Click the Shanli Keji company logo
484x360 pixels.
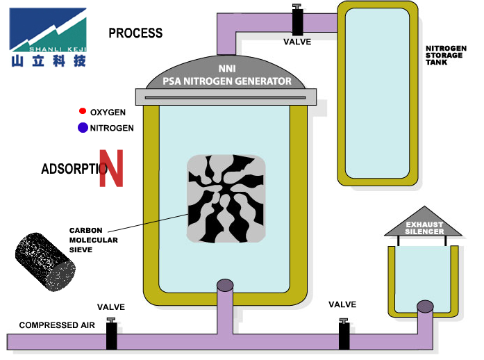click(48, 38)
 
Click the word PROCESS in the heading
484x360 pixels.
click(135, 33)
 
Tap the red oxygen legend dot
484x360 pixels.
click(83, 111)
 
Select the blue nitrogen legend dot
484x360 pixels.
click(83, 127)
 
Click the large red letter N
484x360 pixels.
click(111, 168)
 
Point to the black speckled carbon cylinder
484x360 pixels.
click(45, 262)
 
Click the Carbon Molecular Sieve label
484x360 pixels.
click(94, 240)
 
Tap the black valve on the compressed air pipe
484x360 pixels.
click(111, 334)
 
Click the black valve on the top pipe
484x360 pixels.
click(298, 19)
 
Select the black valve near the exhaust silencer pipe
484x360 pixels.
click(344, 334)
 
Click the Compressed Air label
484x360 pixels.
click(57, 325)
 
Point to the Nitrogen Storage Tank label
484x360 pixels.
click(446, 56)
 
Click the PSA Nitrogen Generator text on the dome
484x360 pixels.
click(227, 81)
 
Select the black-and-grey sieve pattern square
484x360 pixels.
click(226, 199)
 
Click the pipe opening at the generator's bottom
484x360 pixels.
click(225, 285)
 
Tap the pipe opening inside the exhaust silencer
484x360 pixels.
click(425, 306)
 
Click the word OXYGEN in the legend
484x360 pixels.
click(108, 112)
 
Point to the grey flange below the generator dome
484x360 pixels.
click(226, 97)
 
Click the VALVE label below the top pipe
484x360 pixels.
click(297, 42)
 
